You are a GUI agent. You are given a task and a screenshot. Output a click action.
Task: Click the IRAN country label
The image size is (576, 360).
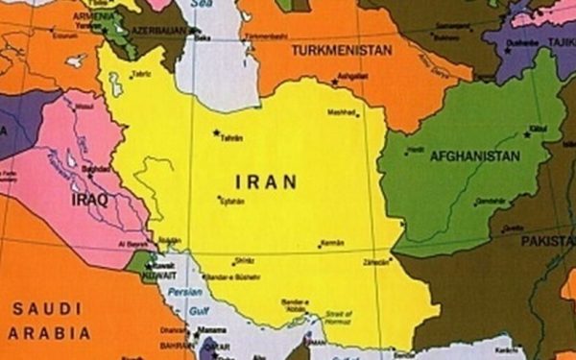pyautogui.click(x=266, y=181)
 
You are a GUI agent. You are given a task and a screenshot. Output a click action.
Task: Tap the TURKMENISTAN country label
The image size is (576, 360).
pyautogui.click(x=343, y=50)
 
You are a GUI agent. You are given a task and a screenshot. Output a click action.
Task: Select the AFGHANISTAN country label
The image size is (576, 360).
pyautogui.click(x=474, y=156)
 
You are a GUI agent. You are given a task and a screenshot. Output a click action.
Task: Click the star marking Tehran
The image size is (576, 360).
pyautogui.click(x=217, y=132)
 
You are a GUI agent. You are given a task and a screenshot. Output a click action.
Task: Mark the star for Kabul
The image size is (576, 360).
pyautogui.click(x=526, y=126)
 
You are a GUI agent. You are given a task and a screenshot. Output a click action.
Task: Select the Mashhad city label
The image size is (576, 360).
pyautogui.click(x=342, y=112)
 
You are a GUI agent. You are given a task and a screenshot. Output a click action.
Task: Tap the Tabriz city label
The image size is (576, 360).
pyautogui.click(x=142, y=74)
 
